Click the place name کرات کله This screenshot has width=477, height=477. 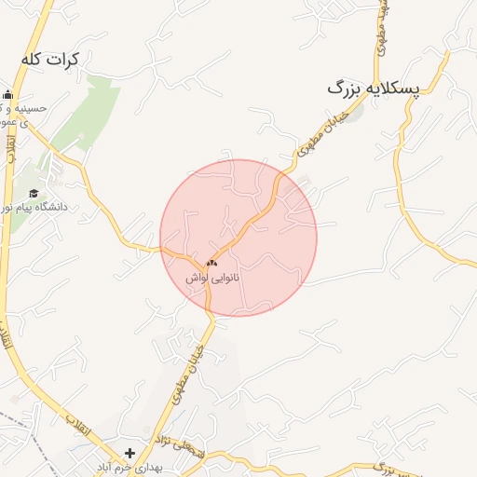(49, 58)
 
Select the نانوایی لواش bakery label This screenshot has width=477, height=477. (211, 278)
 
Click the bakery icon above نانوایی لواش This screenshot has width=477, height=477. (211, 264)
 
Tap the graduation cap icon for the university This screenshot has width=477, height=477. (34, 193)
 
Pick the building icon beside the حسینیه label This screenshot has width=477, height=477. (8, 95)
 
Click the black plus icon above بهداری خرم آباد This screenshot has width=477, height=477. (129, 454)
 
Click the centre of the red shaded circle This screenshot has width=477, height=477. (238, 238)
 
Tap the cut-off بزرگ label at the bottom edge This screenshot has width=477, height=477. (382, 468)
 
